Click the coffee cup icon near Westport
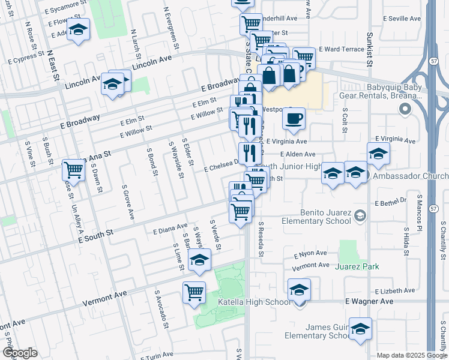pos(294,118)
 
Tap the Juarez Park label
pos(358,266)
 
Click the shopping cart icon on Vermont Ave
pos(194,292)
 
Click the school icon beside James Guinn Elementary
pos(360,329)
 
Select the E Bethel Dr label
pos(391,203)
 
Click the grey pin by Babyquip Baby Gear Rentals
pos(405,109)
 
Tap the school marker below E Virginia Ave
pos(378,154)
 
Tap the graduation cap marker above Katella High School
pos(298,290)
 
